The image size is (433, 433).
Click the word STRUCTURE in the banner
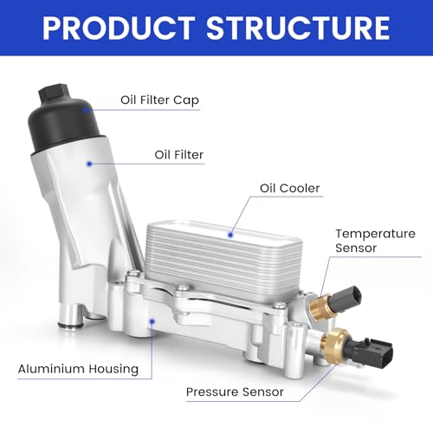tap(298, 28)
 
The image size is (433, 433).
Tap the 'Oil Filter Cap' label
tap(159, 100)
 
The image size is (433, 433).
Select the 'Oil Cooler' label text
tap(289, 188)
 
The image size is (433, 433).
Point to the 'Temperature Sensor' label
tap(375, 241)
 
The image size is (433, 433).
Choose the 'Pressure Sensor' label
tap(235, 391)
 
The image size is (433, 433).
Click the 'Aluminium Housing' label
tap(78, 369)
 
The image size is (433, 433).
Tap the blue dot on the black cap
tap(86, 110)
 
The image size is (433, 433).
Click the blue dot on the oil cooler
tap(230, 235)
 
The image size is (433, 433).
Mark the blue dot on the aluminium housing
tap(152, 321)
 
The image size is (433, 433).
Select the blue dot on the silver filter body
tap(89, 164)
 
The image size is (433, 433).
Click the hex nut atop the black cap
tap(54, 94)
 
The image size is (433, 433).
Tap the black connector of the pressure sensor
tap(370, 352)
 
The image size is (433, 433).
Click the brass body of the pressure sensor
tap(335, 346)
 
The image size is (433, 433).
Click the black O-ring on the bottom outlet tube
tap(70, 326)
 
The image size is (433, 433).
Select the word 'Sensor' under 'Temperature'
tap(356, 248)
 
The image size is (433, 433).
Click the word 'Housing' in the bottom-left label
tap(113, 369)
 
